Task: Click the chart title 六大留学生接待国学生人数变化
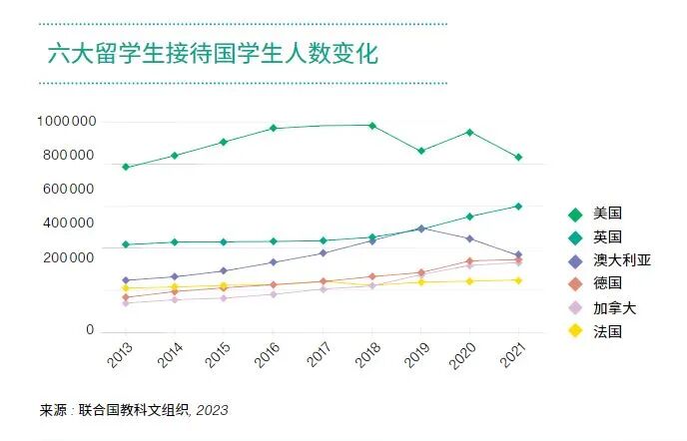click(213, 54)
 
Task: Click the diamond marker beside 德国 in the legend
click(574, 284)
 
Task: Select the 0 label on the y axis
click(90, 330)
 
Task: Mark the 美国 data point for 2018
click(371, 126)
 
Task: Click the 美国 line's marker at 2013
click(126, 167)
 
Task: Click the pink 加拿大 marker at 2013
click(126, 302)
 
